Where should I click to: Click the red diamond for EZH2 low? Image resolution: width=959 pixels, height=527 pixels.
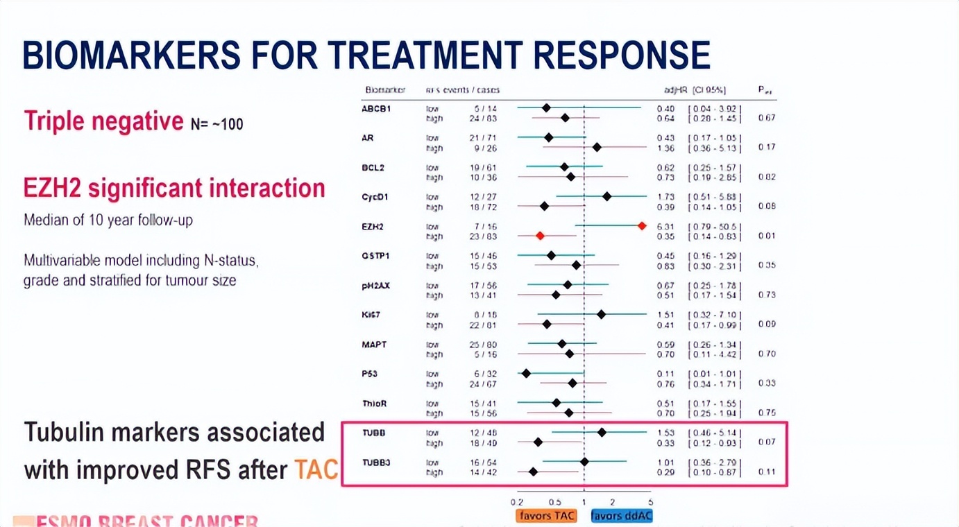point(642,226)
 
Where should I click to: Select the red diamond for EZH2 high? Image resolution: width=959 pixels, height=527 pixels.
point(540,236)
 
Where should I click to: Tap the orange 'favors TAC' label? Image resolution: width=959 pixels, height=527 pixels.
point(546,516)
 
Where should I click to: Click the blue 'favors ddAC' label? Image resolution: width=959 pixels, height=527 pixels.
point(622,516)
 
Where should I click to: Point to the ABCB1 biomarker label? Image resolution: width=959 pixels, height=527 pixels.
point(376,109)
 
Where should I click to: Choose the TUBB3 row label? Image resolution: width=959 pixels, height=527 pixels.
point(376,462)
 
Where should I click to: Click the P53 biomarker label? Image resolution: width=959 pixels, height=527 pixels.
point(369,374)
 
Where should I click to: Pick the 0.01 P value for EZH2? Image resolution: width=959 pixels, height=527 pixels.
point(766,236)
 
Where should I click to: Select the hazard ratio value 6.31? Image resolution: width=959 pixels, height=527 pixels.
point(665,226)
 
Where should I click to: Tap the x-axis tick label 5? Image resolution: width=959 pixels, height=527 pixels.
point(650,502)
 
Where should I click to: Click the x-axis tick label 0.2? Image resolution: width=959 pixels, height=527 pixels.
point(516,502)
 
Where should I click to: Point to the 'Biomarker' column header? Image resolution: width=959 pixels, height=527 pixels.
point(385,90)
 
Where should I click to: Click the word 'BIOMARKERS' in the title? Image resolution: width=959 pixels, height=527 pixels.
point(132,55)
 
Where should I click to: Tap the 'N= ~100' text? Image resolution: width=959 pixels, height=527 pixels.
point(217,125)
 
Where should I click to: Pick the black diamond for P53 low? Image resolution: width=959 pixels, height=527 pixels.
point(526,373)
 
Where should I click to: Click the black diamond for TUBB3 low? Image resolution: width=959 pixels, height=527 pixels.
point(584,461)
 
